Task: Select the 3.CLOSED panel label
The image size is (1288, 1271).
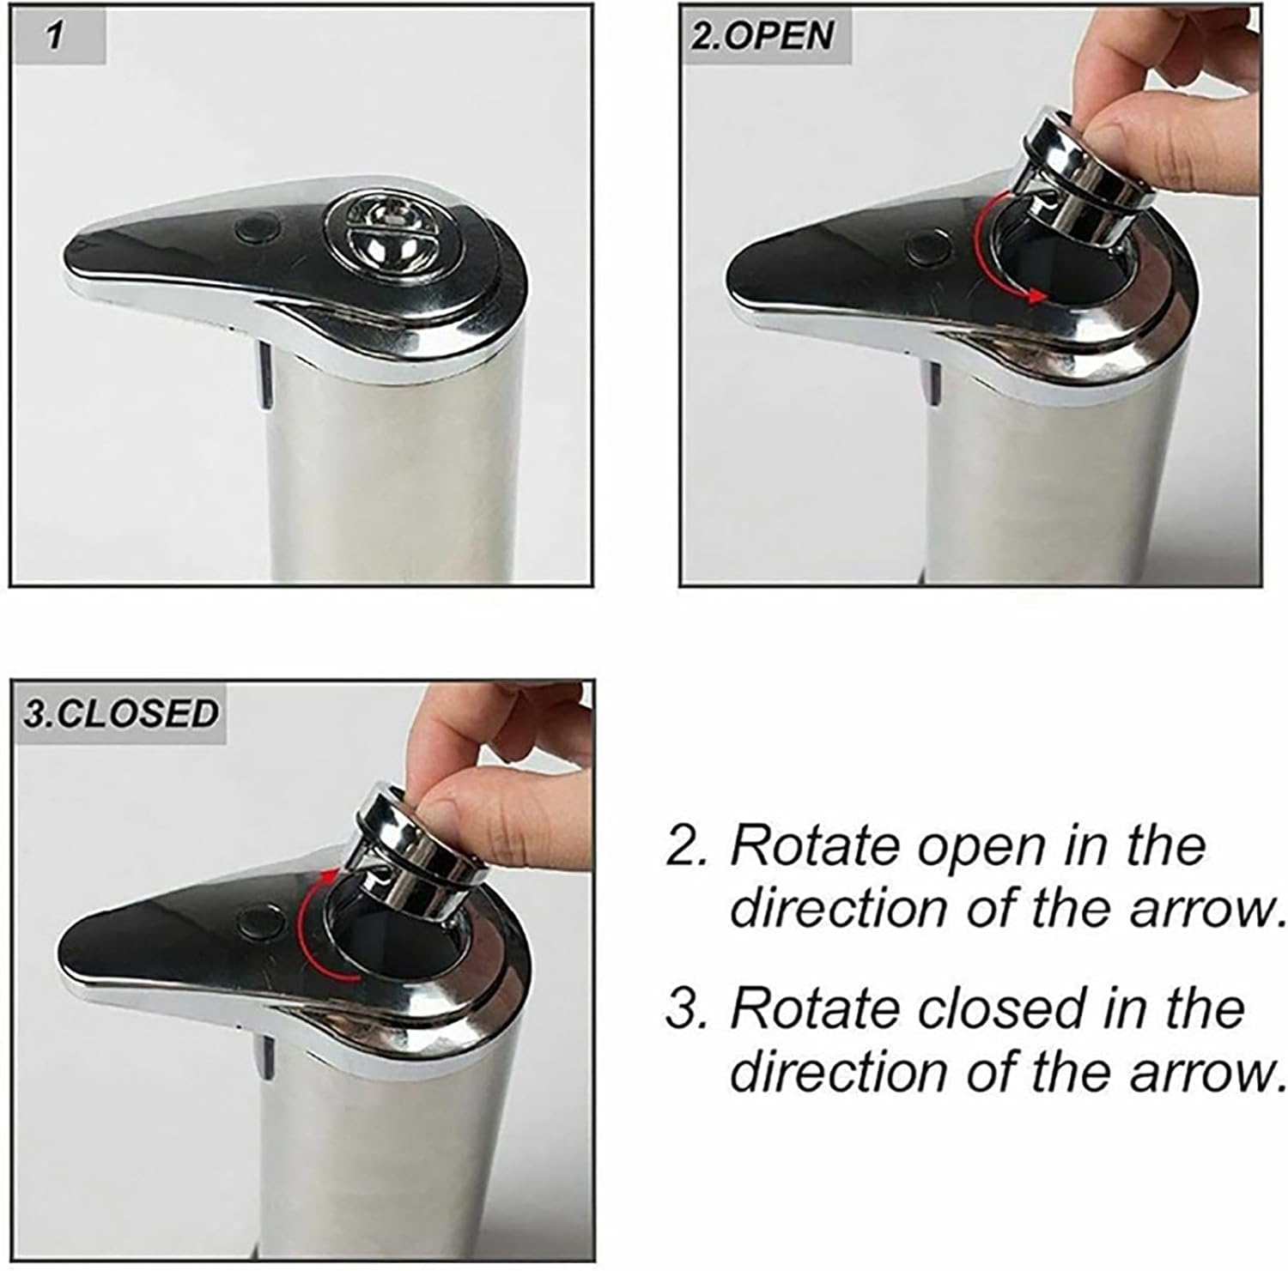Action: point(121,713)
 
